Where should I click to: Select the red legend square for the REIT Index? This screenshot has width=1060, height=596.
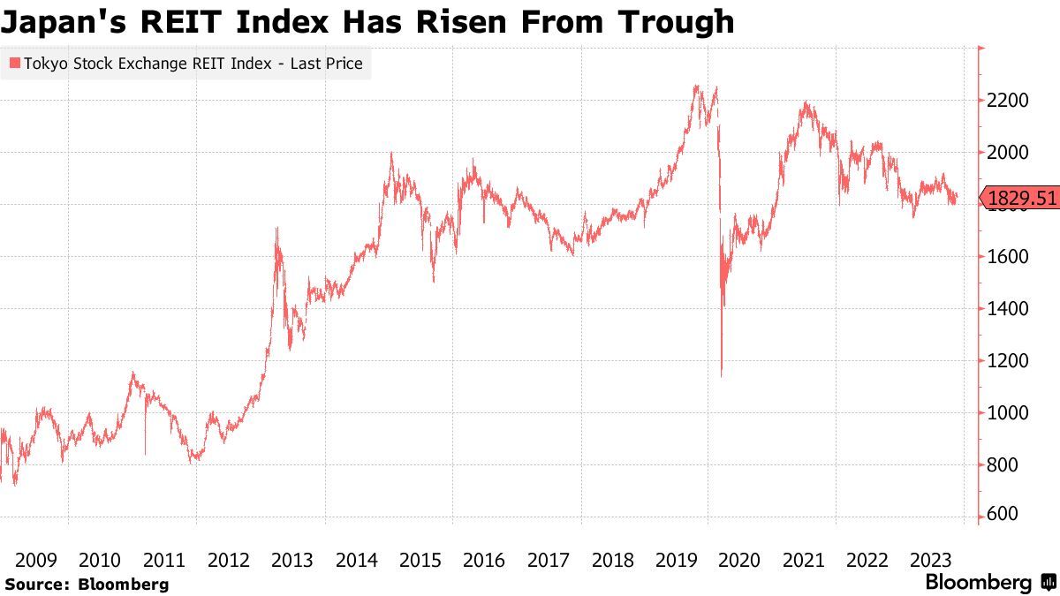point(14,64)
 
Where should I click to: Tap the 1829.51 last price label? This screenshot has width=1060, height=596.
point(1023,199)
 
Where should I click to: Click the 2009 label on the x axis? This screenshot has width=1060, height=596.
point(36,560)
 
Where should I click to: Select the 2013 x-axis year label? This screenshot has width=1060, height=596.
point(292,560)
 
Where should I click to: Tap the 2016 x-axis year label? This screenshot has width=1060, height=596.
point(484,560)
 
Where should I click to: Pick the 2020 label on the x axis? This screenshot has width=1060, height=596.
point(740,560)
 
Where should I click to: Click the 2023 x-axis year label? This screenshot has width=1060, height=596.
point(931,560)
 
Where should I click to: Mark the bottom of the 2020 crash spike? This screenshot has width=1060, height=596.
point(722,375)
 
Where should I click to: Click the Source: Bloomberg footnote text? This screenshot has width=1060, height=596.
point(86,585)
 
